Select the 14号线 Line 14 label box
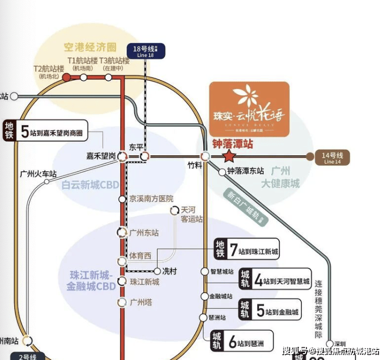point(332,157)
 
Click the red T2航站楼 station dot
point(66,77)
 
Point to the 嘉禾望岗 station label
point(101,156)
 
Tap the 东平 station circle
point(145,156)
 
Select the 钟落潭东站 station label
point(245,171)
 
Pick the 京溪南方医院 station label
point(151,199)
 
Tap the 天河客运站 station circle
point(175,210)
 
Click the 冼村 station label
point(169,272)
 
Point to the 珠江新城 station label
point(145,282)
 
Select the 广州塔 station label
point(140,302)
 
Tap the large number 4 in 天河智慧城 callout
point(258,279)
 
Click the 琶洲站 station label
point(217,317)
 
